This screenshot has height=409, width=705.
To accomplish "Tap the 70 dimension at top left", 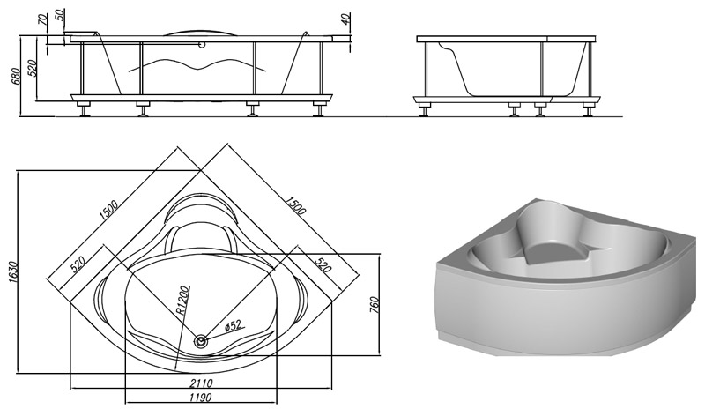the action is (43, 19).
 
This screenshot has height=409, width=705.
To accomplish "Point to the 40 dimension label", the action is (345, 19).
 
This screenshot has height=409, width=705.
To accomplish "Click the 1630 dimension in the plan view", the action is (12, 272).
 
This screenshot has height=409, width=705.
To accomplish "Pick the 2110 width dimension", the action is (201, 383).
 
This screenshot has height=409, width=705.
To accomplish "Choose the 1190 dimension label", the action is (201, 398).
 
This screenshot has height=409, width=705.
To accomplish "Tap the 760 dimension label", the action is (375, 305).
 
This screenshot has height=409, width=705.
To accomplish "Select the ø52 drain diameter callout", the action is (233, 325).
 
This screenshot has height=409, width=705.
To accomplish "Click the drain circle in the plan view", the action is (201, 340).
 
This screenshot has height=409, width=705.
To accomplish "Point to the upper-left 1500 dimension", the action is (108, 210).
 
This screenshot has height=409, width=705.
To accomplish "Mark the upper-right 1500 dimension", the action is (295, 204).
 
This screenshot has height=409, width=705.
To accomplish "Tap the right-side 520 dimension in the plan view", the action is (323, 265).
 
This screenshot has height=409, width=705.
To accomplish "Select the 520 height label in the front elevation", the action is (32, 68).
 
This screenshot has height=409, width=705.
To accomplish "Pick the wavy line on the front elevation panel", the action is (197, 64).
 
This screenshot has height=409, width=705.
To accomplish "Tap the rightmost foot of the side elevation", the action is (588, 109).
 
